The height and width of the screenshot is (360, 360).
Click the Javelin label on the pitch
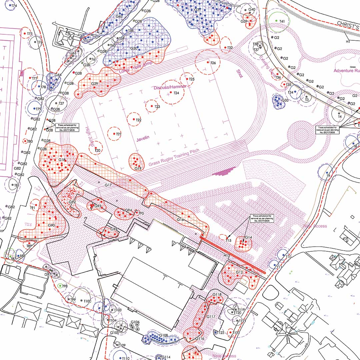[143, 139]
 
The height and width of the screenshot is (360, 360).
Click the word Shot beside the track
[240, 74]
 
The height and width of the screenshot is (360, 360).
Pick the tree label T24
[177, 93]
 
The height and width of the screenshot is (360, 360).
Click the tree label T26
[213, 63]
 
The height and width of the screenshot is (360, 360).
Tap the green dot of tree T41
[276, 21]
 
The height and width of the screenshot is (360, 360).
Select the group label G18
[62, 160]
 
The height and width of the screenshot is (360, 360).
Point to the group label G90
[51, 225]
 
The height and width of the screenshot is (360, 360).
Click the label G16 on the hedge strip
[180, 220]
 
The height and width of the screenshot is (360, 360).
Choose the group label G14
[248, 237]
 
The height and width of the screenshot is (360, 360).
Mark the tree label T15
[228, 240]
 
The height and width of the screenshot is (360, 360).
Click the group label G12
[239, 272]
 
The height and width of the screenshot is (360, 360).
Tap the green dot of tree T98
[60, 286]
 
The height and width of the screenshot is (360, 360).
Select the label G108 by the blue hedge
[164, 335]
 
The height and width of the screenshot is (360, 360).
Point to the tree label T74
[14, 6]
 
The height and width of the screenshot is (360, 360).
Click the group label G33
[285, 100]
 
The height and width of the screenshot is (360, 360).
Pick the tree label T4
[340, 117]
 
